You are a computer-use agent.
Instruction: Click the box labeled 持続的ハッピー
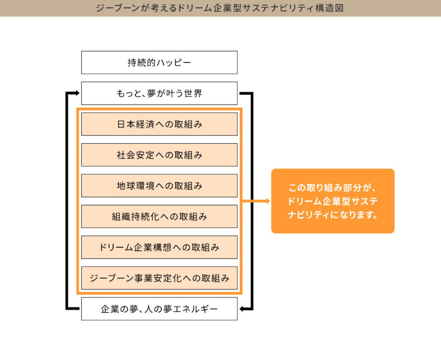coord(159,62)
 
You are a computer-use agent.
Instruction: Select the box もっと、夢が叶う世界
coord(159,93)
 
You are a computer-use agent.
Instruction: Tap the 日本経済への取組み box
coord(159,124)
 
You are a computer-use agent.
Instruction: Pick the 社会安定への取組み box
coord(159,155)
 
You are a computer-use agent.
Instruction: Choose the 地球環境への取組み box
coord(159,185)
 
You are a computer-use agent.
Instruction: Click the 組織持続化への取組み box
coord(159,216)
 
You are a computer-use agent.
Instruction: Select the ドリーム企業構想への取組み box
coord(159,247)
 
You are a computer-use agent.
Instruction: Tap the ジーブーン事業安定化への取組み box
coord(159,278)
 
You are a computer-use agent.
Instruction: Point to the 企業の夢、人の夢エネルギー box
coord(159,309)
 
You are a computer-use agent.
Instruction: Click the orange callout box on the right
coord(333,201)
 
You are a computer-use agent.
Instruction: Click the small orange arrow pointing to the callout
coord(256,201)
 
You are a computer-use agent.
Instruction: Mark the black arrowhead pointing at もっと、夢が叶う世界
coord(78,93)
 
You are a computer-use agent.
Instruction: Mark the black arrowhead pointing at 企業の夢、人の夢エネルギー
coord(242,309)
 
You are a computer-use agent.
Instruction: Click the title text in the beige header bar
coord(220,8)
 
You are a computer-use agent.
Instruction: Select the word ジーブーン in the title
coord(118,8)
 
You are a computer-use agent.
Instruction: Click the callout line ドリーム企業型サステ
coord(333,201)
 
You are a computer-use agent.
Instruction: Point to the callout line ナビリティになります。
coord(333,215)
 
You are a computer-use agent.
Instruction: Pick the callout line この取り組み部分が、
coord(333,188)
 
